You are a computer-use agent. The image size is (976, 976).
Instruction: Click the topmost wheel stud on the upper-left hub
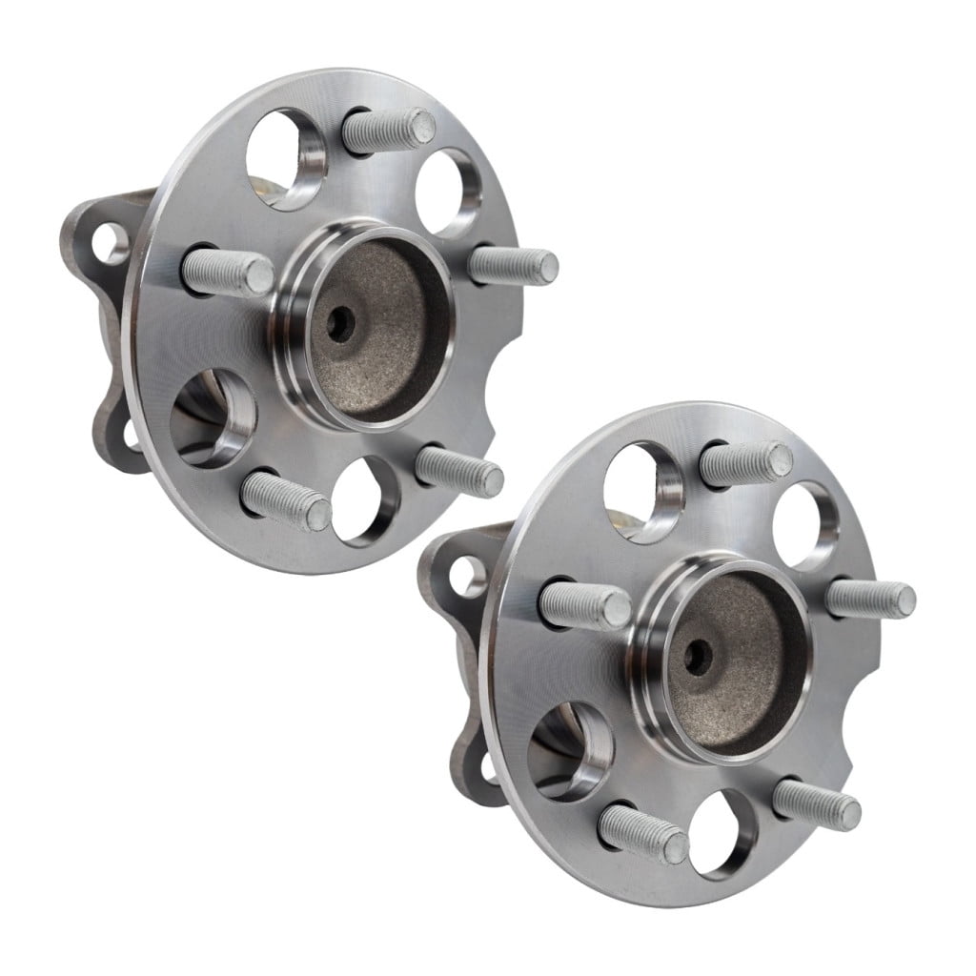point(389,131)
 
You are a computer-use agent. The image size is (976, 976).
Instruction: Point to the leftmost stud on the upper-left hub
point(229,272)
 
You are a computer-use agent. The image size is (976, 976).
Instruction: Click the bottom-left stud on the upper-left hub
point(286,501)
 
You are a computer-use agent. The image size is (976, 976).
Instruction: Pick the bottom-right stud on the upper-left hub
point(459,471)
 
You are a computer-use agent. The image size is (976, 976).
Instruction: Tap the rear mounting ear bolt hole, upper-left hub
point(112,243)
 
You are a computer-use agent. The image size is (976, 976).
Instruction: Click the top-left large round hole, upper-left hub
point(286,158)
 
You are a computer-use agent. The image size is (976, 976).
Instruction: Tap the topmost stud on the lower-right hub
point(745,463)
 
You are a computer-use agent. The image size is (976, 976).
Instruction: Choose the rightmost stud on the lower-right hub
point(870,600)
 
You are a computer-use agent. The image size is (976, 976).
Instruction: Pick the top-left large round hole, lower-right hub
point(643,492)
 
